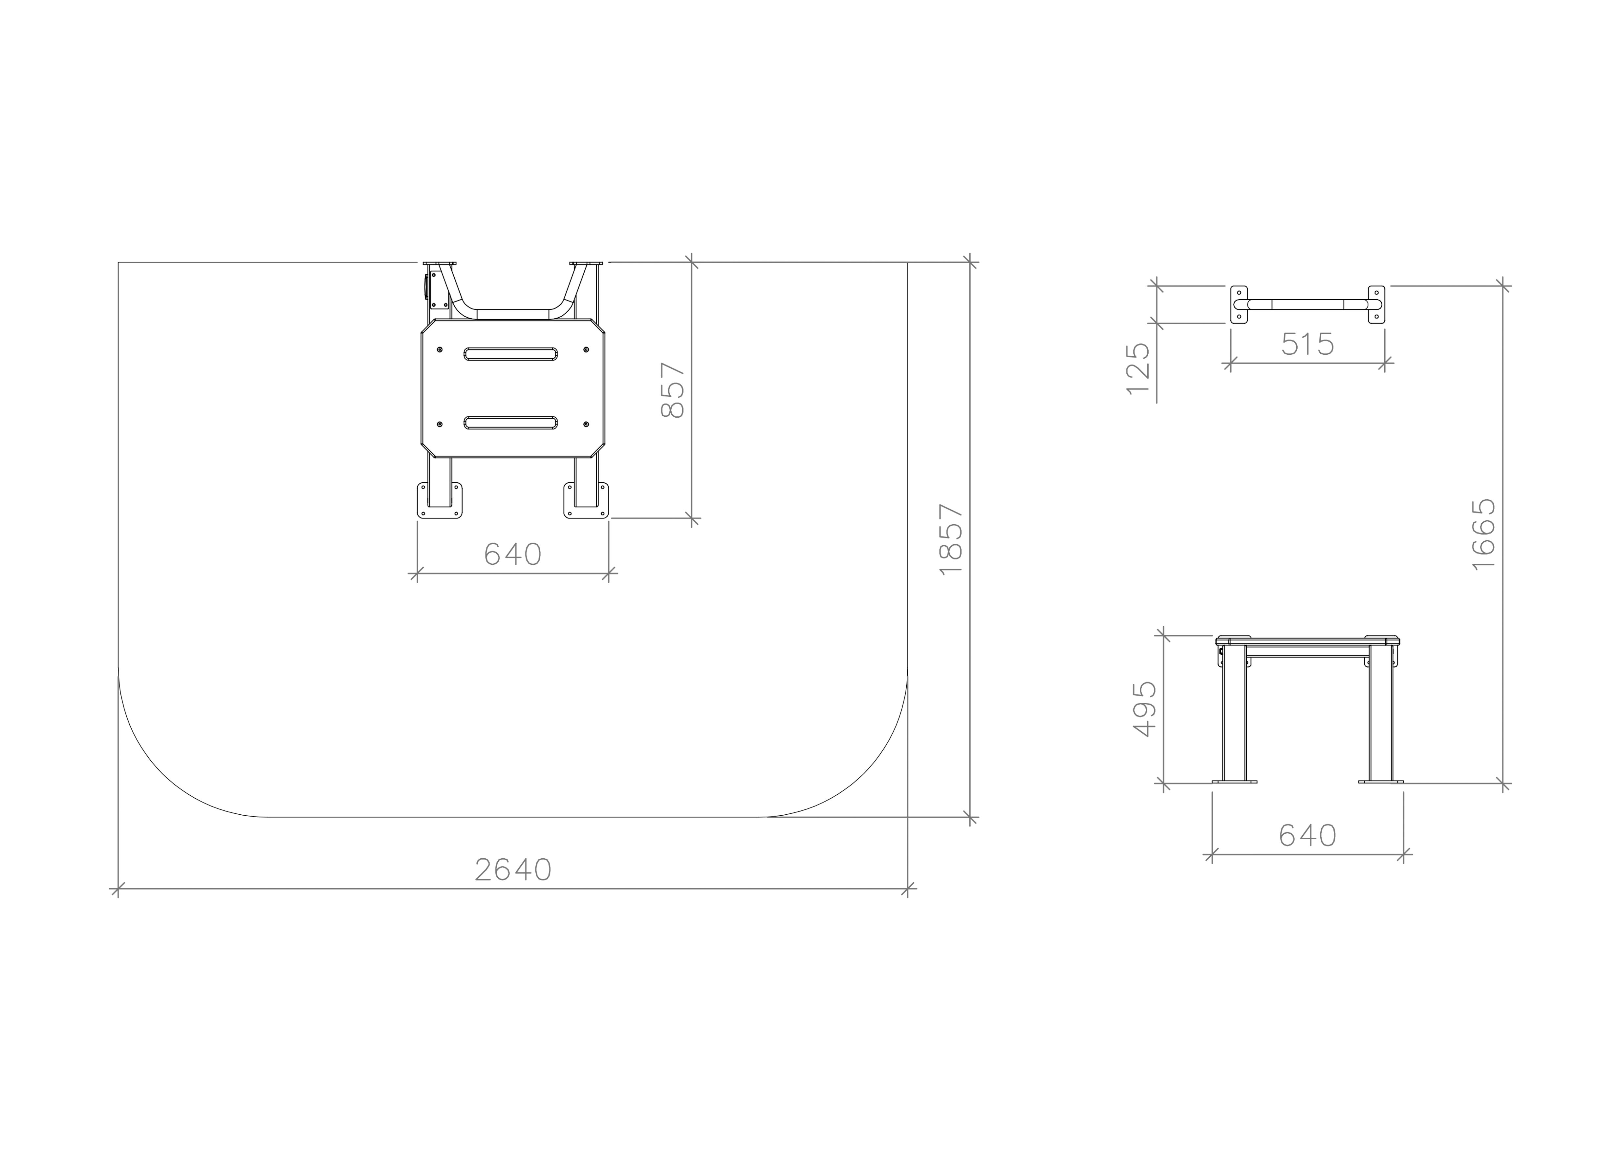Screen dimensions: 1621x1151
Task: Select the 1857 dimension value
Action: [x=951, y=539]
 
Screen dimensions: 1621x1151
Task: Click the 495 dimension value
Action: [x=1144, y=709]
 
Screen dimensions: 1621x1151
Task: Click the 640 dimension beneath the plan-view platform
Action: [x=513, y=554]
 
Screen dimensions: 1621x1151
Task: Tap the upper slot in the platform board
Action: [x=510, y=354]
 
